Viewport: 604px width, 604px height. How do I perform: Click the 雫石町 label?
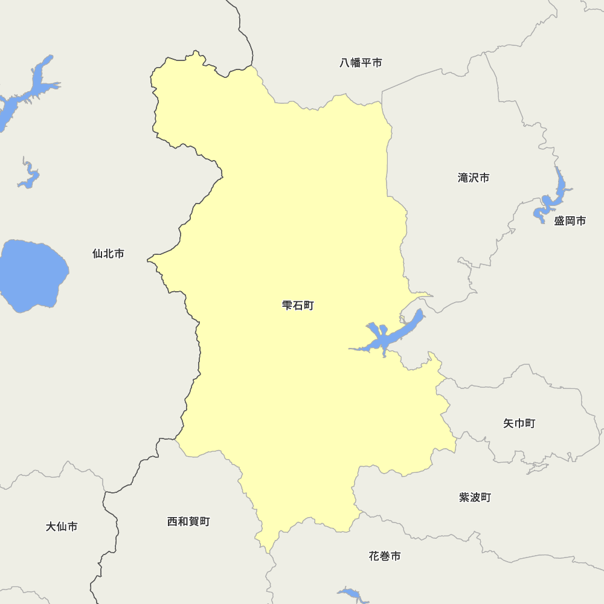pyautogui.click(x=298, y=306)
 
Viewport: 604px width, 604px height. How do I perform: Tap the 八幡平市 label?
pyautogui.click(x=361, y=63)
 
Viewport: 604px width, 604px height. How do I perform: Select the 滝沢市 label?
pyautogui.click(x=474, y=178)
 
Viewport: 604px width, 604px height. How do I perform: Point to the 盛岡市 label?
pyautogui.click(x=570, y=221)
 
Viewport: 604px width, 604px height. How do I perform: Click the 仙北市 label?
pyautogui.click(x=108, y=254)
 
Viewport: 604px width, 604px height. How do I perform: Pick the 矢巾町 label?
pyautogui.click(x=519, y=423)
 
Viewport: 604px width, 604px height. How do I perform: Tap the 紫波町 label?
pyautogui.click(x=475, y=498)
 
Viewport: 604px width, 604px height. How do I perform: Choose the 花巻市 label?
pyautogui.click(x=385, y=556)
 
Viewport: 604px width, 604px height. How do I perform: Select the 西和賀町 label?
pyautogui.click(x=188, y=521)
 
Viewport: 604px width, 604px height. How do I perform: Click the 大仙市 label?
pyautogui.click(x=62, y=527)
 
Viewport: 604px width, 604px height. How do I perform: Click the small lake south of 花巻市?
pyautogui.click(x=353, y=594)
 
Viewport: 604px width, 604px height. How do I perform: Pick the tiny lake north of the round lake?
pyautogui.click(x=28, y=176)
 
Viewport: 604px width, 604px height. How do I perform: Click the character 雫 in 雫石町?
pyautogui.click(x=287, y=306)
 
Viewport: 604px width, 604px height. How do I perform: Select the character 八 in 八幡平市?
pyautogui.click(x=345, y=63)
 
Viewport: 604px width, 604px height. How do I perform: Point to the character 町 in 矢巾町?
pyautogui.click(x=530, y=423)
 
